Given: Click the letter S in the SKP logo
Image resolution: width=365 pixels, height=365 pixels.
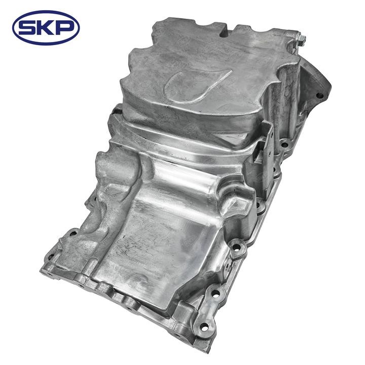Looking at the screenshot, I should [30, 27].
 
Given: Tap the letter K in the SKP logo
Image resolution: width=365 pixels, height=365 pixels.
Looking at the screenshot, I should [46, 27].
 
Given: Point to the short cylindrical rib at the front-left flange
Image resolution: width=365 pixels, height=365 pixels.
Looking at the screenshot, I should [91, 266].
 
